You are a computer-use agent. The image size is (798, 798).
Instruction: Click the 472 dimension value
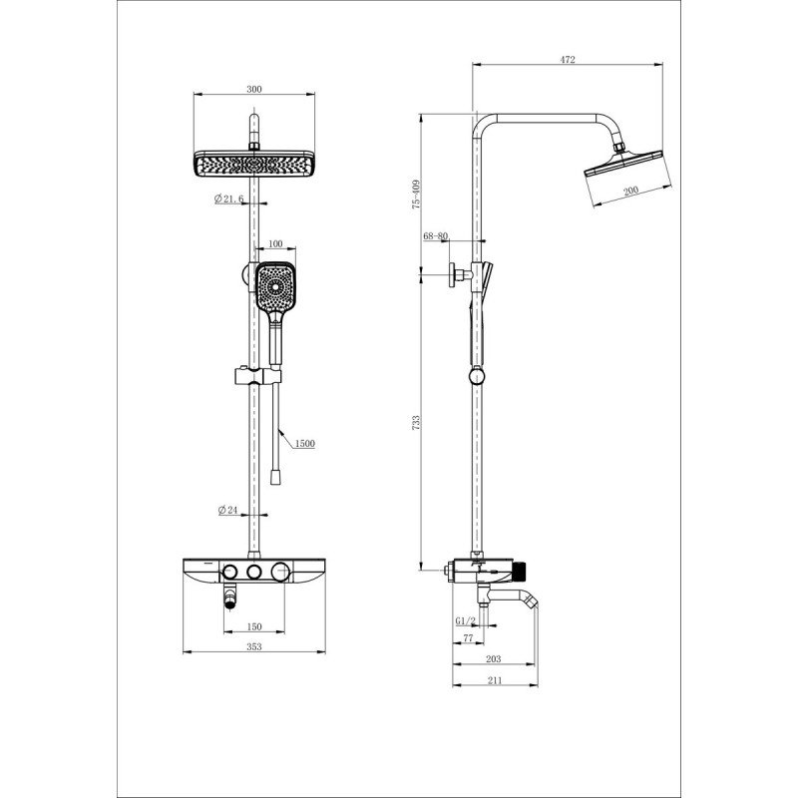(x=568, y=60)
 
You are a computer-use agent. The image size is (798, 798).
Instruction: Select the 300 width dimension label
(x=254, y=90)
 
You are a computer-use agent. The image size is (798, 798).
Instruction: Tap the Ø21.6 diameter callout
(x=229, y=199)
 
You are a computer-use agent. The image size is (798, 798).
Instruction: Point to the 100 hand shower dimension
(x=275, y=244)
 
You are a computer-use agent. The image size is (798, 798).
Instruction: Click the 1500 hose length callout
(x=305, y=444)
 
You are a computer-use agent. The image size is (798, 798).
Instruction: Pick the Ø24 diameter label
(x=228, y=510)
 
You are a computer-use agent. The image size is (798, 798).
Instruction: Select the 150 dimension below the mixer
(x=254, y=627)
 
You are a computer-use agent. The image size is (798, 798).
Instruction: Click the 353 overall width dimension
(x=254, y=646)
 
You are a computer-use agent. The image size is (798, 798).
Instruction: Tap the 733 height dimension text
(x=416, y=423)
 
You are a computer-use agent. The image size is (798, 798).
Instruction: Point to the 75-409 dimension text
(x=416, y=194)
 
